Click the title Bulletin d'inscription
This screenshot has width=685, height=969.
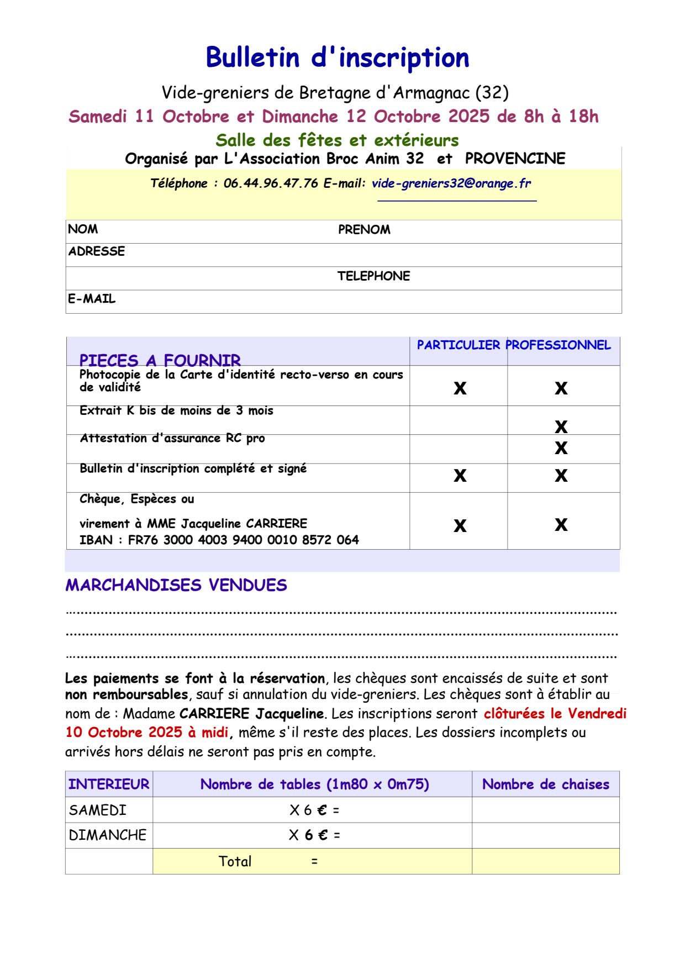point(338,57)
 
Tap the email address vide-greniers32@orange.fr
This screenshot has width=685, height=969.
point(451,183)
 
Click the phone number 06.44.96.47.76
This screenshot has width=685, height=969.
point(271,183)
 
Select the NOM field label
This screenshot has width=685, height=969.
point(83,229)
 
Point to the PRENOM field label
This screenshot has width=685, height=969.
point(364,230)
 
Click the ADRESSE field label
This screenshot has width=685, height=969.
point(97,251)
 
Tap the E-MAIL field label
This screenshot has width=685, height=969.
point(92,299)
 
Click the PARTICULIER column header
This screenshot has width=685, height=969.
point(458,345)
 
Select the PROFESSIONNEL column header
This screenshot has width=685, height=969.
point(558,345)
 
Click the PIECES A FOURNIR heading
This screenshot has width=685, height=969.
point(160,361)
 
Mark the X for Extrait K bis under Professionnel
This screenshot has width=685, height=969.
point(561,426)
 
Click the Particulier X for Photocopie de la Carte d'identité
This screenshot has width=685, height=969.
point(460,388)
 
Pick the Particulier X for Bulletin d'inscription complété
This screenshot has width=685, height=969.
point(460,476)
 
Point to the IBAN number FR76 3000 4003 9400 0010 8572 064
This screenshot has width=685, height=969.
point(243,540)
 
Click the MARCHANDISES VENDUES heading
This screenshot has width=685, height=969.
point(176,585)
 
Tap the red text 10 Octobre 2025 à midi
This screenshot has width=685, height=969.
point(147,733)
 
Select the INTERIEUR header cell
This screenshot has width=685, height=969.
point(109,784)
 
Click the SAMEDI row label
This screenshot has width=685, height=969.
point(98,810)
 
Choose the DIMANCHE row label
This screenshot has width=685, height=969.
point(108,835)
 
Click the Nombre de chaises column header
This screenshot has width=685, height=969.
point(545,784)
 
